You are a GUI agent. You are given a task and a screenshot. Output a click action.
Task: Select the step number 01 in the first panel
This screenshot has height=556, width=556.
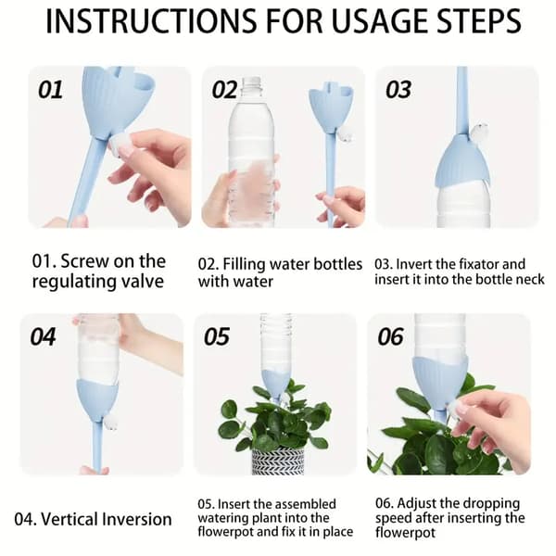click(x=51, y=89)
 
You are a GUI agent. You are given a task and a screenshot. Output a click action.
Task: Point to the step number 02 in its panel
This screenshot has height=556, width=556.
click(x=224, y=89)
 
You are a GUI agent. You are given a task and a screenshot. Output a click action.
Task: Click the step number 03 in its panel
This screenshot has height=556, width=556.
click(x=398, y=89)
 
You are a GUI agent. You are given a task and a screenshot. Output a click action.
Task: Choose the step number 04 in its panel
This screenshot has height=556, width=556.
click(x=43, y=336)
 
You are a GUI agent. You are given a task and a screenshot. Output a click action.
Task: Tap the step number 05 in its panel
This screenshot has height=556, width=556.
click(x=217, y=336)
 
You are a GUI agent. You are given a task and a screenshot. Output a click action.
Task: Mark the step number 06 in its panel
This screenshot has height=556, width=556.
click(x=391, y=336)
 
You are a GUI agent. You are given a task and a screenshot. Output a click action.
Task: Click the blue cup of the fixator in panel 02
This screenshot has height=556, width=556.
click(x=331, y=108)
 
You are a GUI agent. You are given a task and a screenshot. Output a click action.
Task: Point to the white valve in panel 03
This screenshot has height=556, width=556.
click(x=479, y=132)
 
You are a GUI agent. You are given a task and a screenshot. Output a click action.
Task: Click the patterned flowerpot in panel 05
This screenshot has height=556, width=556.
click(x=278, y=461)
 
